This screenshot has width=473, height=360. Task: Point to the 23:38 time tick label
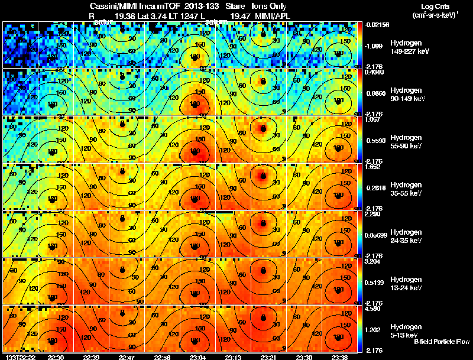[339, 357]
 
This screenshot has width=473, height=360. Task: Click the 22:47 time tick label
[127, 357]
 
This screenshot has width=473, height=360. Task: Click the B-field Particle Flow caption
[442, 342]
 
